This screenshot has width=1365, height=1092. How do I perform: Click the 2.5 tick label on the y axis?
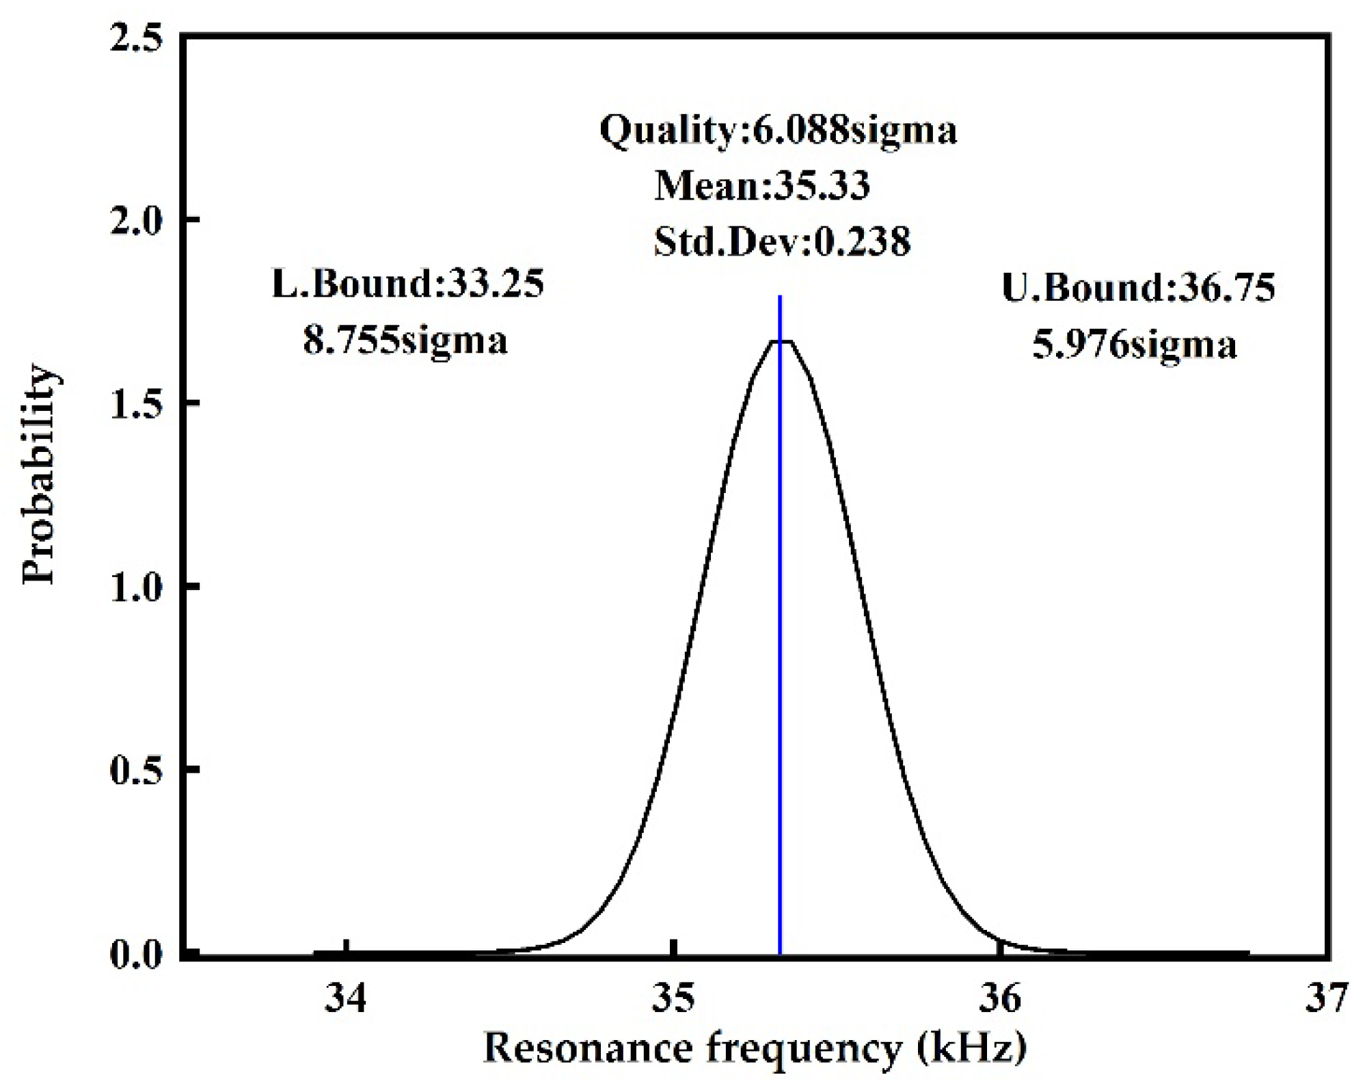(x=137, y=38)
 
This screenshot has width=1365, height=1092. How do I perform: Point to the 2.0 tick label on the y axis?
(x=137, y=221)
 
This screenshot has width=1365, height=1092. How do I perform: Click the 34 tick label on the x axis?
(x=346, y=1000)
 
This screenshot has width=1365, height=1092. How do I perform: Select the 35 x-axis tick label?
(x=673, y=1000)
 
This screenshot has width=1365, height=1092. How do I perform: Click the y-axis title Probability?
(x=39, y=476)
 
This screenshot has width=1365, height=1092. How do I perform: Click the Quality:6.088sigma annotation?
(x=779, y=130)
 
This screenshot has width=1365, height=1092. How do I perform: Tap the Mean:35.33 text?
(x=762, y=185)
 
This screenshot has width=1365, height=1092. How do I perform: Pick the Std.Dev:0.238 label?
(x=782, y=241)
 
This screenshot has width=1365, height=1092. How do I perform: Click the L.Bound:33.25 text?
(x=408, y=284)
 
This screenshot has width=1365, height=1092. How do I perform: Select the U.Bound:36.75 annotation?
(x=1138, y=288)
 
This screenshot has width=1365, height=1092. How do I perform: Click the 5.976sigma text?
(x=1135, y=345)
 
